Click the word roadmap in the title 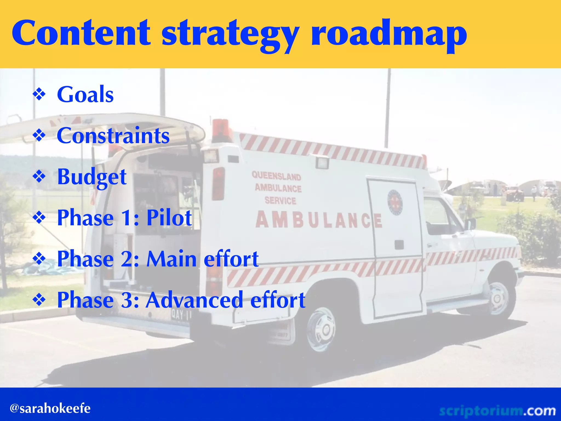[x=389, y=34]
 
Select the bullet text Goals [x=85, y=95]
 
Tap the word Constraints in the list [x=113, y=136]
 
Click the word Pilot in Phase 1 [x=169, y=218]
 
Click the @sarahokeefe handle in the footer [x=50, y=408]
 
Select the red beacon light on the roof [x=221, y=130]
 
